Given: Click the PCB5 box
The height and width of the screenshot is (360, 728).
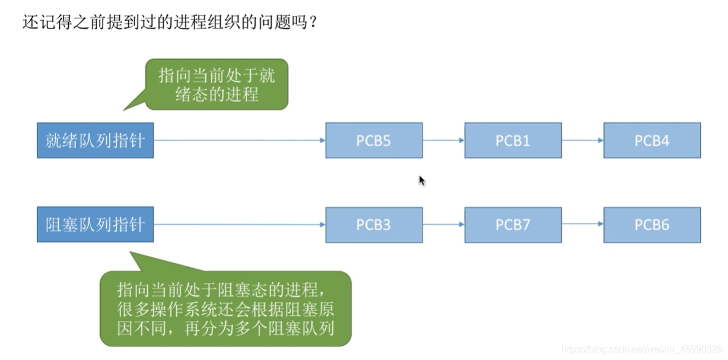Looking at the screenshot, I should [374, 141].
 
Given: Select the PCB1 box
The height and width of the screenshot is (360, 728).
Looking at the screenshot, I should [513, 141].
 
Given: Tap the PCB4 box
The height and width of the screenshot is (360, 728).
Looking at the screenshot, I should [652, 141].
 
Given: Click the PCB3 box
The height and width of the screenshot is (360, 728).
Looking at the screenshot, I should [374, 225].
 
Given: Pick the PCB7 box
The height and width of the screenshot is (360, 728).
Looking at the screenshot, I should [513, 225].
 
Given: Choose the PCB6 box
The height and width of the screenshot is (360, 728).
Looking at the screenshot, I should [652, 225].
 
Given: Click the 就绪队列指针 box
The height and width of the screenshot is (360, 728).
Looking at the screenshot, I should [95, 141].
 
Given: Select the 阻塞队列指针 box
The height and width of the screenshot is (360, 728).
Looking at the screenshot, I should [95, 224].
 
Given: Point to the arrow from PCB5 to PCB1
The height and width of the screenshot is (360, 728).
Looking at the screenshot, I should [443, 141].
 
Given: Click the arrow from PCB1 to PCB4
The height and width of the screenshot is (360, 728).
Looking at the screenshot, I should [582, 141].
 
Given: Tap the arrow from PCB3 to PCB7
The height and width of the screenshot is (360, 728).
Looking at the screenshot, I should [443, 225].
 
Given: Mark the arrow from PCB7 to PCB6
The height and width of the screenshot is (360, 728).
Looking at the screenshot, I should [582, 225].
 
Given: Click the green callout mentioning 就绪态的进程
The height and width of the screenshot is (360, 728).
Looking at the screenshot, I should [217, 84].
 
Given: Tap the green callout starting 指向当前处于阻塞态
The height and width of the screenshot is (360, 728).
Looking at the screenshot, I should [225, 308].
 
